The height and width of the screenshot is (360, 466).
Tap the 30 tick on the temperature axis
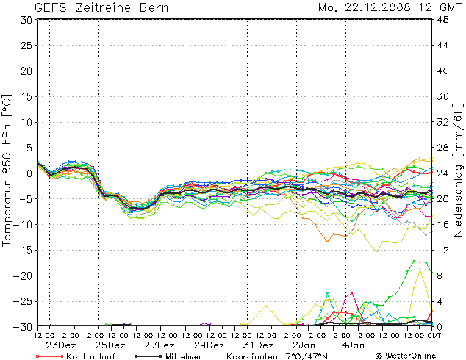26,20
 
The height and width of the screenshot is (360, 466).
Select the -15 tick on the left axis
23,250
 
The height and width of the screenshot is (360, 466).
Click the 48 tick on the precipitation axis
444,20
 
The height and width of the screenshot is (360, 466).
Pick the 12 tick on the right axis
444,250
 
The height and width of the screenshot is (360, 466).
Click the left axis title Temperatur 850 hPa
8,169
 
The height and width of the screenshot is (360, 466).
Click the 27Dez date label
159,345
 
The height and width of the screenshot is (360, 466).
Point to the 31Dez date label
258,345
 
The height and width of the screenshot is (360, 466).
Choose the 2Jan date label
304,345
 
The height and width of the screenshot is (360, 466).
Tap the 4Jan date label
354,345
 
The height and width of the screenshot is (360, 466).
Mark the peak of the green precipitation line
417,261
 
